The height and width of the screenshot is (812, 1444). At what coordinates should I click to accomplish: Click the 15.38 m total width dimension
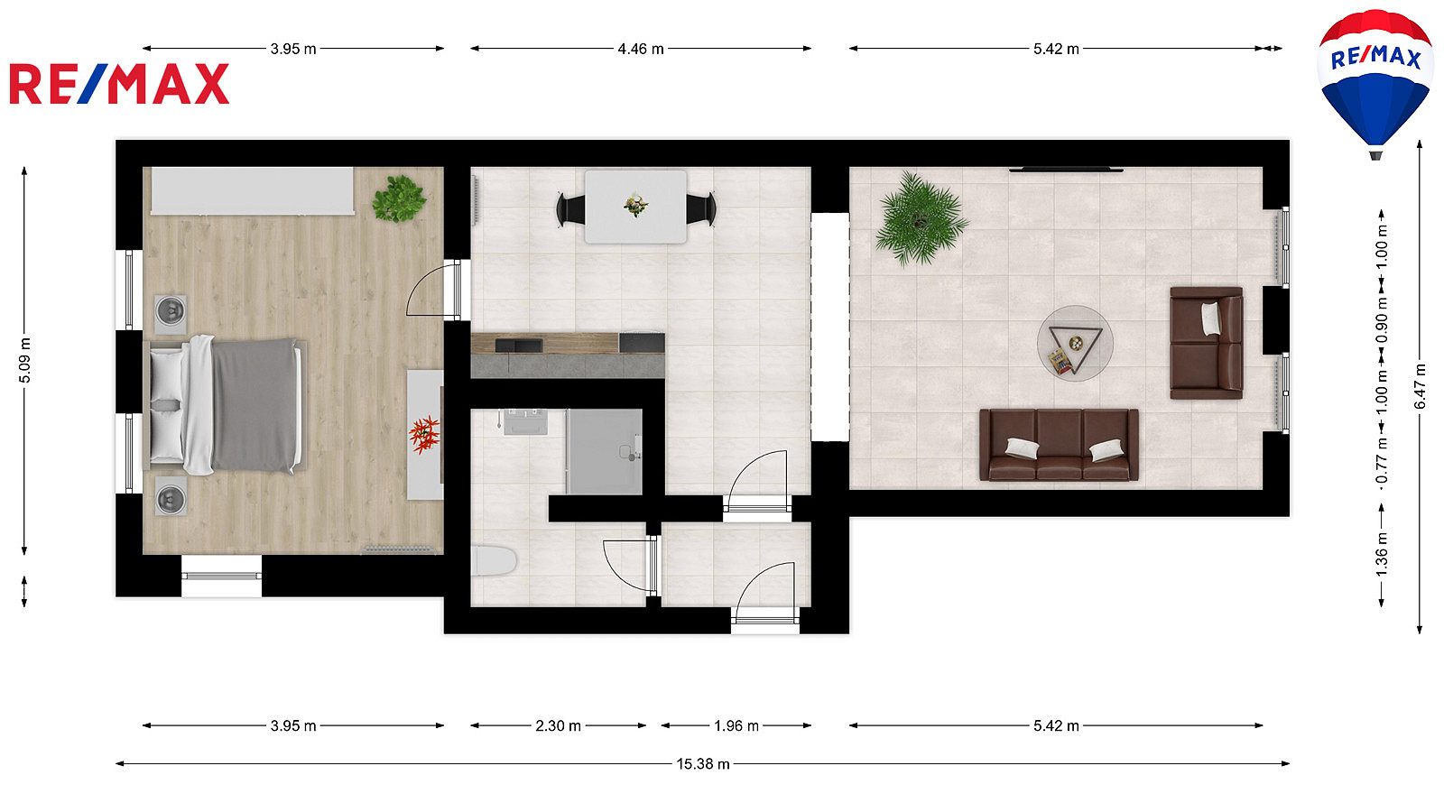pyautogui.click(x=703, y=764)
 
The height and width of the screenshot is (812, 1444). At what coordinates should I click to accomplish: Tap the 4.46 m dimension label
pyautogui.click(x=641, y=49)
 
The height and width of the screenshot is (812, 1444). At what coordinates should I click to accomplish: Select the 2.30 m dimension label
pyautogui.click(x=559, y=726)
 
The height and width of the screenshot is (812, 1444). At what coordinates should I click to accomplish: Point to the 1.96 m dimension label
pyautogui.click(x=736, y=726)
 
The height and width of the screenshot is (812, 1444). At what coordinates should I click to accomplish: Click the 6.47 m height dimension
pyautogui.click(x=1421, y=387)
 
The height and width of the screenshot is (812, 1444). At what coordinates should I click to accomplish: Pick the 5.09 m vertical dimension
pyautogui.click(x=24, y=360)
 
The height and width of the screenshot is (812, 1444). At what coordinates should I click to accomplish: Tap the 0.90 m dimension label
pyautogui.click(x=1382, y=319)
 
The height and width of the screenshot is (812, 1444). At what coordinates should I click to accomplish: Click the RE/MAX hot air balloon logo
pyautogui.click(x=1375, y=84)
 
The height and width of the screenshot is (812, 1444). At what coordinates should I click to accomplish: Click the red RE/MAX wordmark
pyautogui.click(x=119, y=84)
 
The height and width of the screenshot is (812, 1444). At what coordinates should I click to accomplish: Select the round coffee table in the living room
pyautogui.click(x=1075, y=344)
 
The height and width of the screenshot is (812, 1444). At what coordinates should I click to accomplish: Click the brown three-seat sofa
pyautogui.click(x=1059, y=445)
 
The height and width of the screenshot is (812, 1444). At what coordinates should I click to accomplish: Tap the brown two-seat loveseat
pyautogui.click(x=1206, y=343)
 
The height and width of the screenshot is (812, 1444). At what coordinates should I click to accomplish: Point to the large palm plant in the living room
pyautogui.click(x=921, y=217)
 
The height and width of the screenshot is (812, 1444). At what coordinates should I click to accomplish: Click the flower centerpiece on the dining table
pyautogui.click(x=635, y=205)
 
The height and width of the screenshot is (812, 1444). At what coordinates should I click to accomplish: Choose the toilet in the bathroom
pyautogui.click(x=494, y=561)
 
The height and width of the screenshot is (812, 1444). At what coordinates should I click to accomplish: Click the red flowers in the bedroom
pyautogui.click(x=425, y=434)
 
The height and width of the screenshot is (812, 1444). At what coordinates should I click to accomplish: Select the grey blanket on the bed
pyautogui.click(x=255, y=405)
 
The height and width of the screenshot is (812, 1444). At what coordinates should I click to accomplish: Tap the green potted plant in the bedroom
pyautogui.click(x=399, y=198)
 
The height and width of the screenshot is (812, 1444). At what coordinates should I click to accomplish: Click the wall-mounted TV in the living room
pyautogui.click(x=1066, y=170)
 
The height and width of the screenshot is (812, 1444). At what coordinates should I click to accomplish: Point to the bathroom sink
pyautogui.click(x=525, y=421)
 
